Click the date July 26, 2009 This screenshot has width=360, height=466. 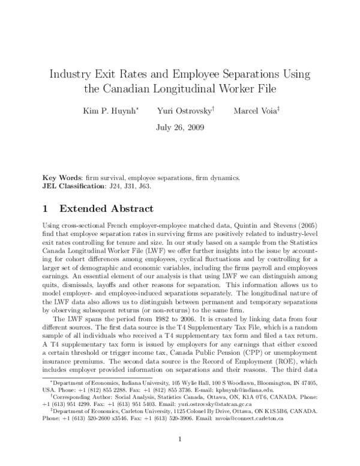click(180, 127)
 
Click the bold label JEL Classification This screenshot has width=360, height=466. click(74, 186)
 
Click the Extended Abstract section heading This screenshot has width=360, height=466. click(106, 210)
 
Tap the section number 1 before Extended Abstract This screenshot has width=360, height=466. click(47, 210)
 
